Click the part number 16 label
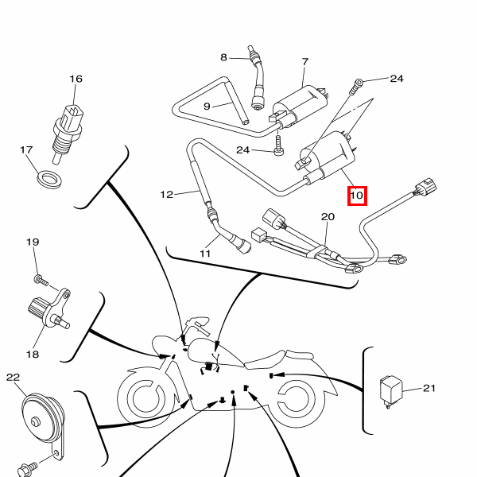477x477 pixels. pyautogui.click(x=76, y=79)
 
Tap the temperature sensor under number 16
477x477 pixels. pyautogui.click(x=68, y=127)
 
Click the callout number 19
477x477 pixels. pyautogui.click(x=33, y=242)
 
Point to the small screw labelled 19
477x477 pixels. pyautogui.click(x=38, y=279)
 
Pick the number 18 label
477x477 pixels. pyautogui.click(x=33, y=353)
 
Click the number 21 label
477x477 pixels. pyautogui.click(x=429, y=388)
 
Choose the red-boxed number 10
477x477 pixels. pyautogui.click(x=356, y=195)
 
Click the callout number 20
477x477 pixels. pyautogui.click(x=328, y=216)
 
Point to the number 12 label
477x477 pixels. pyautogui.click(x=166, y=194)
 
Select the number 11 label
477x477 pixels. pyautogui.click(x=205, y=254)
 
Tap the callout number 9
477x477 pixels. pyautogui.click(x=207, y=106)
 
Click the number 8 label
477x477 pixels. pyautogui.click(x=223, y=57)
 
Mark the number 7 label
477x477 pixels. pyautogui.click(x=304, y=62)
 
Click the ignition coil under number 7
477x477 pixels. pyautogui.click(x=301, y=105)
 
